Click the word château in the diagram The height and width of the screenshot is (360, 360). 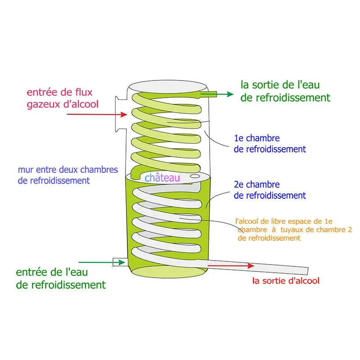coord(162,178)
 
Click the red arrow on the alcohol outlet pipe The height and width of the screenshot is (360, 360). coord(231,266)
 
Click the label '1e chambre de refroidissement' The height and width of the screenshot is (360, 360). coord(270,143)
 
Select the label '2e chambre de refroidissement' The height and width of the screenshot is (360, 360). coord(270,190)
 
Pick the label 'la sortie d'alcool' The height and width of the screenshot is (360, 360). coord(286,281)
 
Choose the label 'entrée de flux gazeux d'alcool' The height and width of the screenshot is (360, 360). coord(63,99)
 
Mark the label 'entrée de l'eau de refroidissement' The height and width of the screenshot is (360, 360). coord(61,278)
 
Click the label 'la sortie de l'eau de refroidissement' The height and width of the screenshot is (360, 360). coord(285,91)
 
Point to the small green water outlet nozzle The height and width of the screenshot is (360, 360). coord(209,94)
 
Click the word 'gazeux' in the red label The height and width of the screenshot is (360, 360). coord(43,105)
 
